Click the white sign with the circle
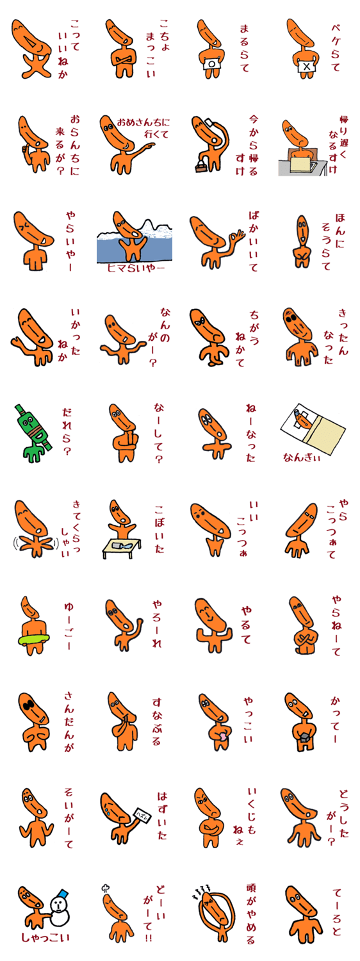211,63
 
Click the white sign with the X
306,67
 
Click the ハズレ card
143,814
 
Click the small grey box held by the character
304,737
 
